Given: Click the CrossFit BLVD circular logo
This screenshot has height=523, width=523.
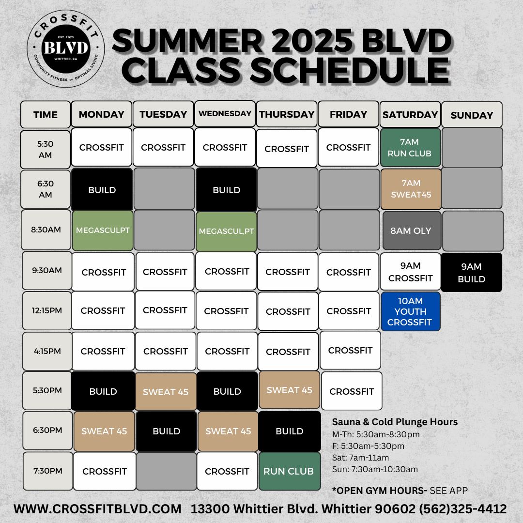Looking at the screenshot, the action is [66, 49].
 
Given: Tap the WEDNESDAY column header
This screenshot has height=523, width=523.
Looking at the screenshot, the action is [225, 114].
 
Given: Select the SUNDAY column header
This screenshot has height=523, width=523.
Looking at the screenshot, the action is [472, 115].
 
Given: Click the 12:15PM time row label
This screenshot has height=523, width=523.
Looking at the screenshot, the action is [47, 310].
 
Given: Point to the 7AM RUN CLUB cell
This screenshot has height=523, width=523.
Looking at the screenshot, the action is [410, 147].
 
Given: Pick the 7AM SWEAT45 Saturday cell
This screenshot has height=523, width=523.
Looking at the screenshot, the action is [411, 189].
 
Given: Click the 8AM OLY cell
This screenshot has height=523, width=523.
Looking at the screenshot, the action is [412, 231].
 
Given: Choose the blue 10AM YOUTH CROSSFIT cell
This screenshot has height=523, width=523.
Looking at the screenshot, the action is [411, 311].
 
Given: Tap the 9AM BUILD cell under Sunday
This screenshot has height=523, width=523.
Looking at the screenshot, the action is [471, 273].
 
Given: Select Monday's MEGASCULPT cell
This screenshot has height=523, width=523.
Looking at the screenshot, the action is [103, 231].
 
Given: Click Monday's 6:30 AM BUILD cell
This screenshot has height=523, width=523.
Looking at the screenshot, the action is [102, 190].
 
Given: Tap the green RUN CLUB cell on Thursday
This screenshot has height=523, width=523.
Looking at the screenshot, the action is [290, 471].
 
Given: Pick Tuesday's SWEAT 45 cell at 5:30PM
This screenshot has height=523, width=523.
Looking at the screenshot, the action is [166, 392].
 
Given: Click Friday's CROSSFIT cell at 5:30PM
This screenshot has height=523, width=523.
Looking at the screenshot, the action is [352, 391].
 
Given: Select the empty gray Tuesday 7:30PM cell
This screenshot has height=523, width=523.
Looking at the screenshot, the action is [167, 471].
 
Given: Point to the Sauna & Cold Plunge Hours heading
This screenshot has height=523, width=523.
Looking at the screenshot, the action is [395, 422].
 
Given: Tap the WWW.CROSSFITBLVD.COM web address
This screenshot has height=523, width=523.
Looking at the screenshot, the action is [97, 509].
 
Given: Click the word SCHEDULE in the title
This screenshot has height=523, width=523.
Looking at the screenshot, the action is [350, 70].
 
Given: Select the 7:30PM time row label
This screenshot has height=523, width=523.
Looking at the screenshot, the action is [47, 471].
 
